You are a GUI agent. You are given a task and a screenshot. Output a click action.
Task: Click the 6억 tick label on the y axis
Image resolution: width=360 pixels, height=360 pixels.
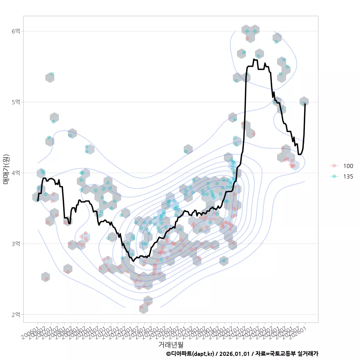point(16,31)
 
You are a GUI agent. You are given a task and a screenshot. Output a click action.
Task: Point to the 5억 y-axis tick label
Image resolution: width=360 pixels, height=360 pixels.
point(16,102)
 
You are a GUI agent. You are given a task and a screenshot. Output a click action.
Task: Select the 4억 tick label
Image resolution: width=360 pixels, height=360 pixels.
point(16,173)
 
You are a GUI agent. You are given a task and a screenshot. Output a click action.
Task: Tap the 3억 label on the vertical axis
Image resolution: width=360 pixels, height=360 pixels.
point(16,244)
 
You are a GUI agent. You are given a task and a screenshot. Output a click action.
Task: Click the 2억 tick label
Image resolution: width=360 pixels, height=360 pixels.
point(16,314)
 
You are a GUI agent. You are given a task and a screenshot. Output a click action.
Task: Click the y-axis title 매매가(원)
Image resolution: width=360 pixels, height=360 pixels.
point(6,169)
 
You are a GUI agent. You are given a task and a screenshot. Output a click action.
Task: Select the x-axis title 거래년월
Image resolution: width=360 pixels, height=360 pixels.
point(171,344)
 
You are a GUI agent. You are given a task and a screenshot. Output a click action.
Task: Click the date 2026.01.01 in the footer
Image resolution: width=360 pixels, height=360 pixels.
point(235,354)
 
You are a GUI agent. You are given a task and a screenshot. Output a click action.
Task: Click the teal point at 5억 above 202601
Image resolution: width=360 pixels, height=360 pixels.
point(304,103)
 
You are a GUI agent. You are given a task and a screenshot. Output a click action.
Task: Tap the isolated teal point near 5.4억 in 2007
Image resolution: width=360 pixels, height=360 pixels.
point(52,74)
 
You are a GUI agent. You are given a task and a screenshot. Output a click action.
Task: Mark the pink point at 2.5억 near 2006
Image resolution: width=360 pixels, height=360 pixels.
point(46,279)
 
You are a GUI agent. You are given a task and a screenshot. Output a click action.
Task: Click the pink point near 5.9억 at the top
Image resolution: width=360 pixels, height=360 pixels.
point(247,38)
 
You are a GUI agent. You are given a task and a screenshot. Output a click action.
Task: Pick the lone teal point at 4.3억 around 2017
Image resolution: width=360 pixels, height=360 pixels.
point(186,151)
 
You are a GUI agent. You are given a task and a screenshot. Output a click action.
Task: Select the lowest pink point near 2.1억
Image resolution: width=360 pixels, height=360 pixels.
point(141,307)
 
